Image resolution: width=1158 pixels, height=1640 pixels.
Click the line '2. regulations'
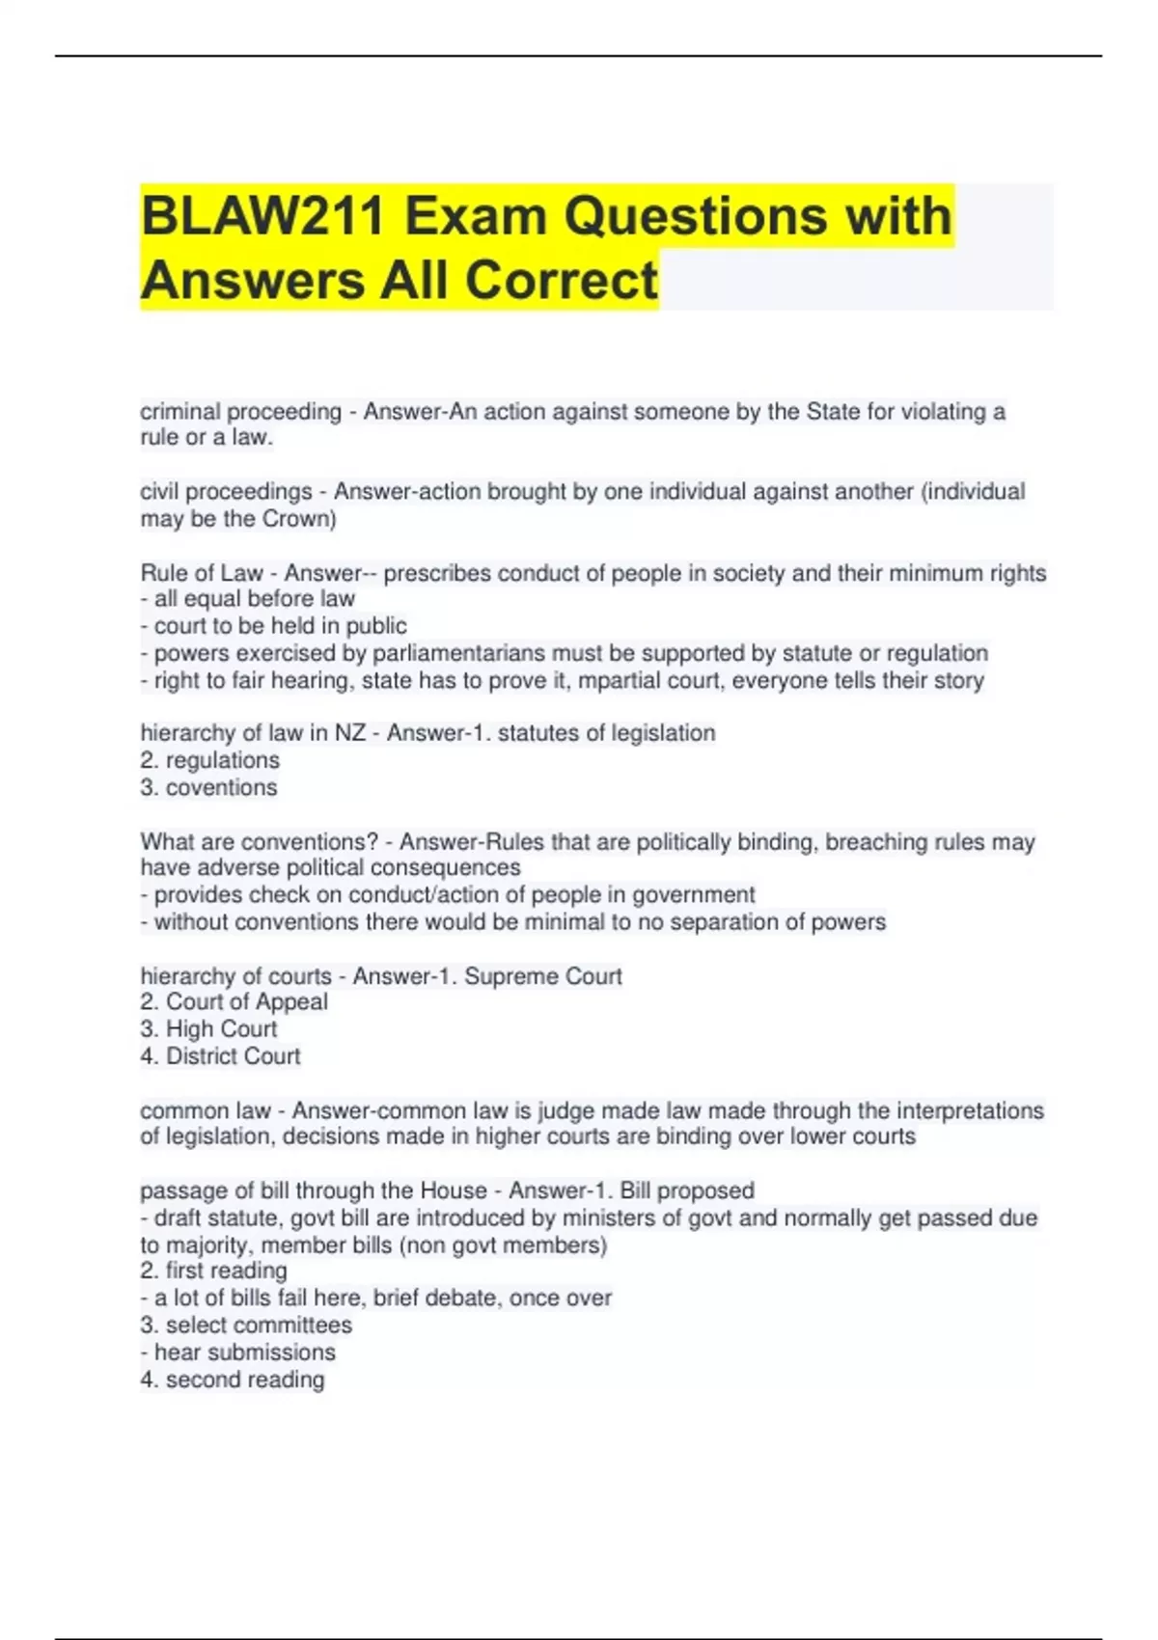click(209, 760)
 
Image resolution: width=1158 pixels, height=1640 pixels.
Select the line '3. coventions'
click(208, 787)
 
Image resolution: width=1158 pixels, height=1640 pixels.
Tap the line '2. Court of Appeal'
click(234, 1001)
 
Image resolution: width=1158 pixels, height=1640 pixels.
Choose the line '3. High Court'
click(208, 1028)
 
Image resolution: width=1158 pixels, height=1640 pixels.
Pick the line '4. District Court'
click(220, 1055)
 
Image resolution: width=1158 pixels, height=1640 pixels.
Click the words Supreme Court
click(543, 976)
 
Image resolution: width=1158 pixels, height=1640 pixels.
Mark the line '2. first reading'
click(213, 1271)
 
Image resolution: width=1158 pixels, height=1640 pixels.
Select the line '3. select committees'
click(246, 1325)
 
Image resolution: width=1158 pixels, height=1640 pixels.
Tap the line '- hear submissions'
click(237, 1352)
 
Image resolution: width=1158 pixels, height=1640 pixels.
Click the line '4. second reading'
click(232, 1380)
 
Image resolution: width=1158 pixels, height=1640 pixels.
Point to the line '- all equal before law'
click(247, 598)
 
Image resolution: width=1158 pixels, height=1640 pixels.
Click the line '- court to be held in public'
click(273, 625)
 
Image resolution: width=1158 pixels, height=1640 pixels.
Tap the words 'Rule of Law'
click(202, 573)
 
